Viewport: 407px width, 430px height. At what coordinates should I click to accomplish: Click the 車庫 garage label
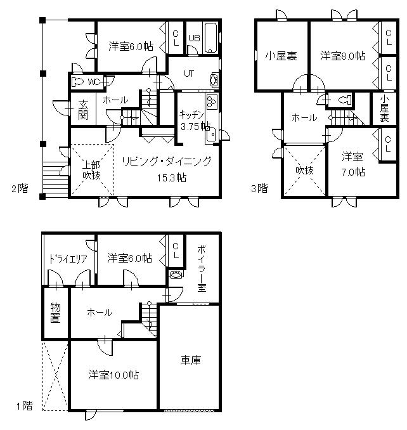coord(191,360)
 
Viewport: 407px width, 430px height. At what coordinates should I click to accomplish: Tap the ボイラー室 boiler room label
coord(202,269)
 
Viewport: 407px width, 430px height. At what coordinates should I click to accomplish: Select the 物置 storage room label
coord(55,313)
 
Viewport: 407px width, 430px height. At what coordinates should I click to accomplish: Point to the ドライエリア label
coord(68,259)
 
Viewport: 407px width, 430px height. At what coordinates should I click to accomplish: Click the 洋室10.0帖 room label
coord(113,375)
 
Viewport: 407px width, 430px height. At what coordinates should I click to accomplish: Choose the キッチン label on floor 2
coord(191,114)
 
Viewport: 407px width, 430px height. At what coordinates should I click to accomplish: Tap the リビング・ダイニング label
coord(167,161)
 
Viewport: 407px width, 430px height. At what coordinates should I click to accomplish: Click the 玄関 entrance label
coord(83,110)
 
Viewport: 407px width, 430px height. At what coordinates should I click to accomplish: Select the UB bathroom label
coord(194,38)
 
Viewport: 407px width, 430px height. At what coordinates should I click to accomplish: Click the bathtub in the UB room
coord(210,37)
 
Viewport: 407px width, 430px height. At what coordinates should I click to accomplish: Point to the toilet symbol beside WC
coord(77,82)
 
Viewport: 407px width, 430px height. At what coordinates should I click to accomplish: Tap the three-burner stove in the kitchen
coord(212,101)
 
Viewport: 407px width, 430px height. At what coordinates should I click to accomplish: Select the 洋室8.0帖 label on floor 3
coord(342,56)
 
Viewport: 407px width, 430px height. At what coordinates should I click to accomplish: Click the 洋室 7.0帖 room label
coord(352,164)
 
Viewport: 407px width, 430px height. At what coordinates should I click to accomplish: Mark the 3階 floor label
coord(259,188)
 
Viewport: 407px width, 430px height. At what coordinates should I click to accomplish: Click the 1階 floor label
coord(25,406)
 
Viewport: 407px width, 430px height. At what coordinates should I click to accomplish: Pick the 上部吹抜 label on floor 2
coord(92,170)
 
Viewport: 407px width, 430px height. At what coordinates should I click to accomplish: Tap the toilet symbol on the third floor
coord(344,100)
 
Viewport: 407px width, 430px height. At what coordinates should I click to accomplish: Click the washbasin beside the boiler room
coord(175,275)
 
